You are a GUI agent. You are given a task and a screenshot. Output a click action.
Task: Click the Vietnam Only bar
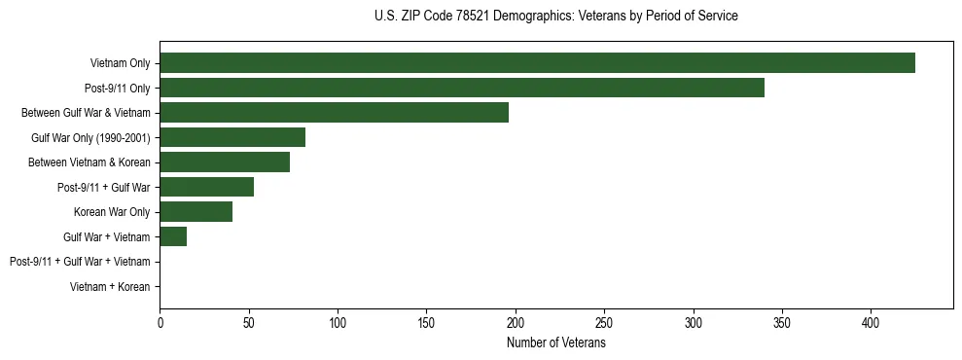tap(537, 63)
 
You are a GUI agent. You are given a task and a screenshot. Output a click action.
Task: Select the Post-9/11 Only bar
tap(462, 88)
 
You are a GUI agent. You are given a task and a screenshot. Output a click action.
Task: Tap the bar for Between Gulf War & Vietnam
tap(334, 112)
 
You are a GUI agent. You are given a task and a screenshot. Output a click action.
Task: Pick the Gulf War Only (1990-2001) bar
tap(232, 137)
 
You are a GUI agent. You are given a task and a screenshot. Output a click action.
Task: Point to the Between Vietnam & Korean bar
tap(225, 162)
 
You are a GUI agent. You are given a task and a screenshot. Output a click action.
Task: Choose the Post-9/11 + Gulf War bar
tap(206, 187)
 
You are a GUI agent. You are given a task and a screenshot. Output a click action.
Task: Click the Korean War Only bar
tap(196, 211)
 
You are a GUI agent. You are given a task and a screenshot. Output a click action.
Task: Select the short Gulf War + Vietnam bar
tap(173, 236)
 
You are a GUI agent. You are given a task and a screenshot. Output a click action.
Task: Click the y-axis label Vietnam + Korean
tap(110, 287)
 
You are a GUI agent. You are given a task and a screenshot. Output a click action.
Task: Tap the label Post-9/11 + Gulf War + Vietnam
tap(80, 262)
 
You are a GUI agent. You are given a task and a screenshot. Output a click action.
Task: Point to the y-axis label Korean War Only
tap(112, 212)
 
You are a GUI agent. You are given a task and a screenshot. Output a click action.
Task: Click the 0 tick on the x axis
tap(160, 321)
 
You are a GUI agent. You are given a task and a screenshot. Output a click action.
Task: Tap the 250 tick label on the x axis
tap(604, 321)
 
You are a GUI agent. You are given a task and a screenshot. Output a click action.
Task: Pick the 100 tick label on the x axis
tap(338, 321)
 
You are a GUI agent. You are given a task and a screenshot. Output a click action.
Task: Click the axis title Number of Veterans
tap(555, 342)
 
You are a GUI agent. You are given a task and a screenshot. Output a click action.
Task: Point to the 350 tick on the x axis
tap(693, 321)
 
